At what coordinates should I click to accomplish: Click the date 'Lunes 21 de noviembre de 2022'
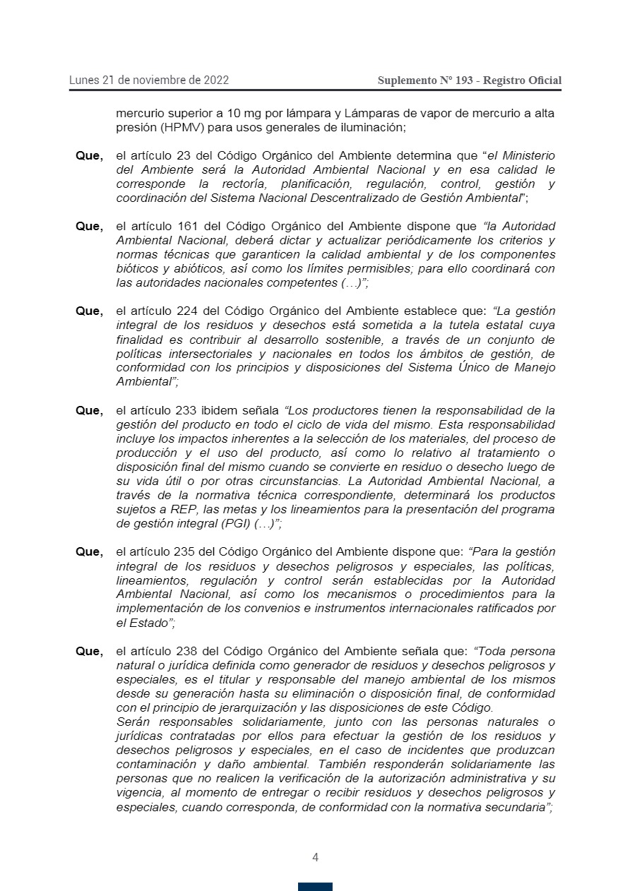pyautogui.click(x=148, y=80)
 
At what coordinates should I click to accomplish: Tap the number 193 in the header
pyautogui.click(x=464, y=80)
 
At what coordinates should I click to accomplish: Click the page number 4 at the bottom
pyautogui.click(x=315, y=858)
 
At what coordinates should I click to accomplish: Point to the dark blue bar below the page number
pyautogui.click(x=315, y=887)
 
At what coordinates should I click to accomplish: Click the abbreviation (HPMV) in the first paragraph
pyautogui.click(x=184, y=128)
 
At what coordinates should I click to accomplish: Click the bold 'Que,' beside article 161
pyautogui.click(x=89, y=226)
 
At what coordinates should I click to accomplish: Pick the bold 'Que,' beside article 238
pyautogui.click(x=89, y=651)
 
